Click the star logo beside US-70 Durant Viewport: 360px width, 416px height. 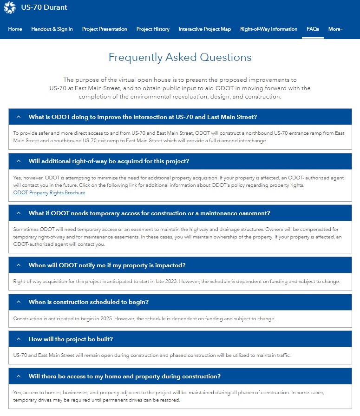coord(10,7)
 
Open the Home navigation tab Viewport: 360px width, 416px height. coord(15,29)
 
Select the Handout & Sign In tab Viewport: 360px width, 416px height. coord(52,29)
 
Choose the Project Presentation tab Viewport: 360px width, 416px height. coord(105,29)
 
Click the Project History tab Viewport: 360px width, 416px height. coord(153,29)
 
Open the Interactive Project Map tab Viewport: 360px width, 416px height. coord(205,29)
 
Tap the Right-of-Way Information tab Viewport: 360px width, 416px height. coord(268,29)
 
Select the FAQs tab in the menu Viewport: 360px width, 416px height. coord(313,29)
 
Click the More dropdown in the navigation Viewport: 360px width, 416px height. coord(335,29)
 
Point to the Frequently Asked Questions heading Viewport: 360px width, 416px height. coord(180,58)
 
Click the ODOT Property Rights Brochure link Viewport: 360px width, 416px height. coord(49,193)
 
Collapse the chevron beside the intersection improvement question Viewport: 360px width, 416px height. coord(19,117)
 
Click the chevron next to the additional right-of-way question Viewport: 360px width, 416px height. coord(19,161)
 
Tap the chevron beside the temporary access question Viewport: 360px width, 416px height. coord(19,213)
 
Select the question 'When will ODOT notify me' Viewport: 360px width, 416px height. coord(107,265)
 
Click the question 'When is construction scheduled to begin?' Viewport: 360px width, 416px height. coord(88,302)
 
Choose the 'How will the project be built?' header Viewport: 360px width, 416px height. coord(71,339)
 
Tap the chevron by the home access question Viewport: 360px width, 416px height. coord(19,376)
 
